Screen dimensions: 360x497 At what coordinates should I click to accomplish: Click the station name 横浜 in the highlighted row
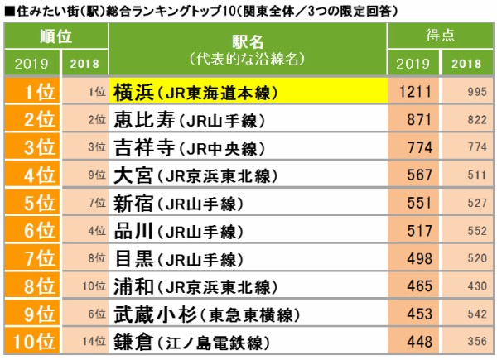coord(134,93)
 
